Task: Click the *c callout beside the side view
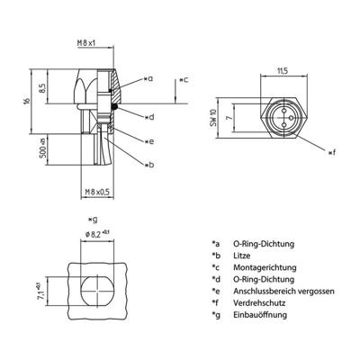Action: tap(184, 80)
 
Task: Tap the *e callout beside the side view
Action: tap(148, 141)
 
